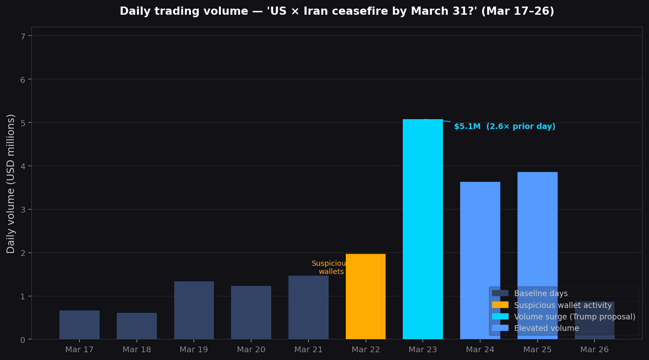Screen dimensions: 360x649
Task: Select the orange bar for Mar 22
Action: (x=365, y=297)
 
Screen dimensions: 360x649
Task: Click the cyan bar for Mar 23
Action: (x=422, y=229)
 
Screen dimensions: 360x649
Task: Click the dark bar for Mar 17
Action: (x=79, y=325)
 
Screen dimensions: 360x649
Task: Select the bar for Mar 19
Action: (x=194, y=310)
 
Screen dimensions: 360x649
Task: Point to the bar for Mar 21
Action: (x=308, y=307)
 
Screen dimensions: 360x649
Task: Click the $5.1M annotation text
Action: (x=504, y=127)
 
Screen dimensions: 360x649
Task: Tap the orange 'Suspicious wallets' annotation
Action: (x=329, y=267)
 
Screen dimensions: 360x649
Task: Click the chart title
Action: (x=337, y=11)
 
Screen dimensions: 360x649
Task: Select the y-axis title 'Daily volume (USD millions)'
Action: (x=11, y=183)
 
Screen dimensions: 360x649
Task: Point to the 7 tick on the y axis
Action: (x=23, y=36)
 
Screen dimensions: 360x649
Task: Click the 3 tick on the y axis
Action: (x=23, y=210)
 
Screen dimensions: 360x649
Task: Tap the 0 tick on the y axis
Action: (x=23, y=340)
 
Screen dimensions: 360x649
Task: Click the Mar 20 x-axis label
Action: (x=251, y=350)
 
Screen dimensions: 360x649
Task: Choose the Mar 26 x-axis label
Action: (x=595, y=350)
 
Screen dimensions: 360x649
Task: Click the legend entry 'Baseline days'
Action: (x=540, y=294)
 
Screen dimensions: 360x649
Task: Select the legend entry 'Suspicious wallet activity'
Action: (x=563, y=305)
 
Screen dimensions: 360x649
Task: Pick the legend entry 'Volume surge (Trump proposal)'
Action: (x=574, y=317)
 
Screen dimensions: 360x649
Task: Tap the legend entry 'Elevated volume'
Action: (x=546, y=328)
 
